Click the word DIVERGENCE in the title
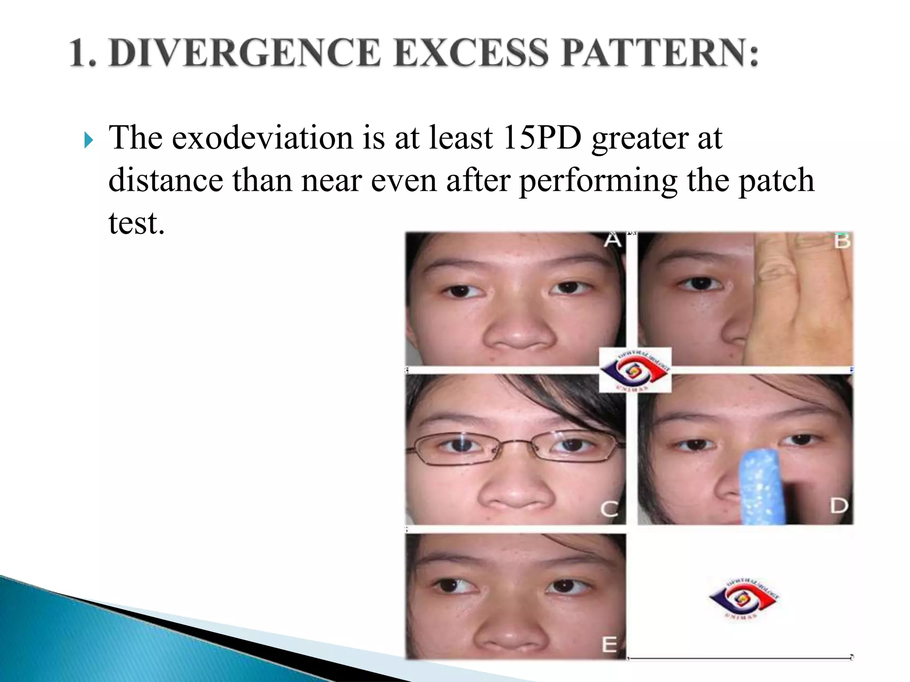tap(245, 53)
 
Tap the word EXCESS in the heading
tap(471, 53)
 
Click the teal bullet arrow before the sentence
tap(89, 141)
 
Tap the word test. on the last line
tap(136, 223)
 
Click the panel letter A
tap(612, 240)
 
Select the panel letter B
tap(842, 241)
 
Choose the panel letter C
tap(609, 509)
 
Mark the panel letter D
tap(839, 506)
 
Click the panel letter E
tap(609, 644)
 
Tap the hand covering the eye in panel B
tap(795, 302)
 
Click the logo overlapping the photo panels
tap(635, 370)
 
